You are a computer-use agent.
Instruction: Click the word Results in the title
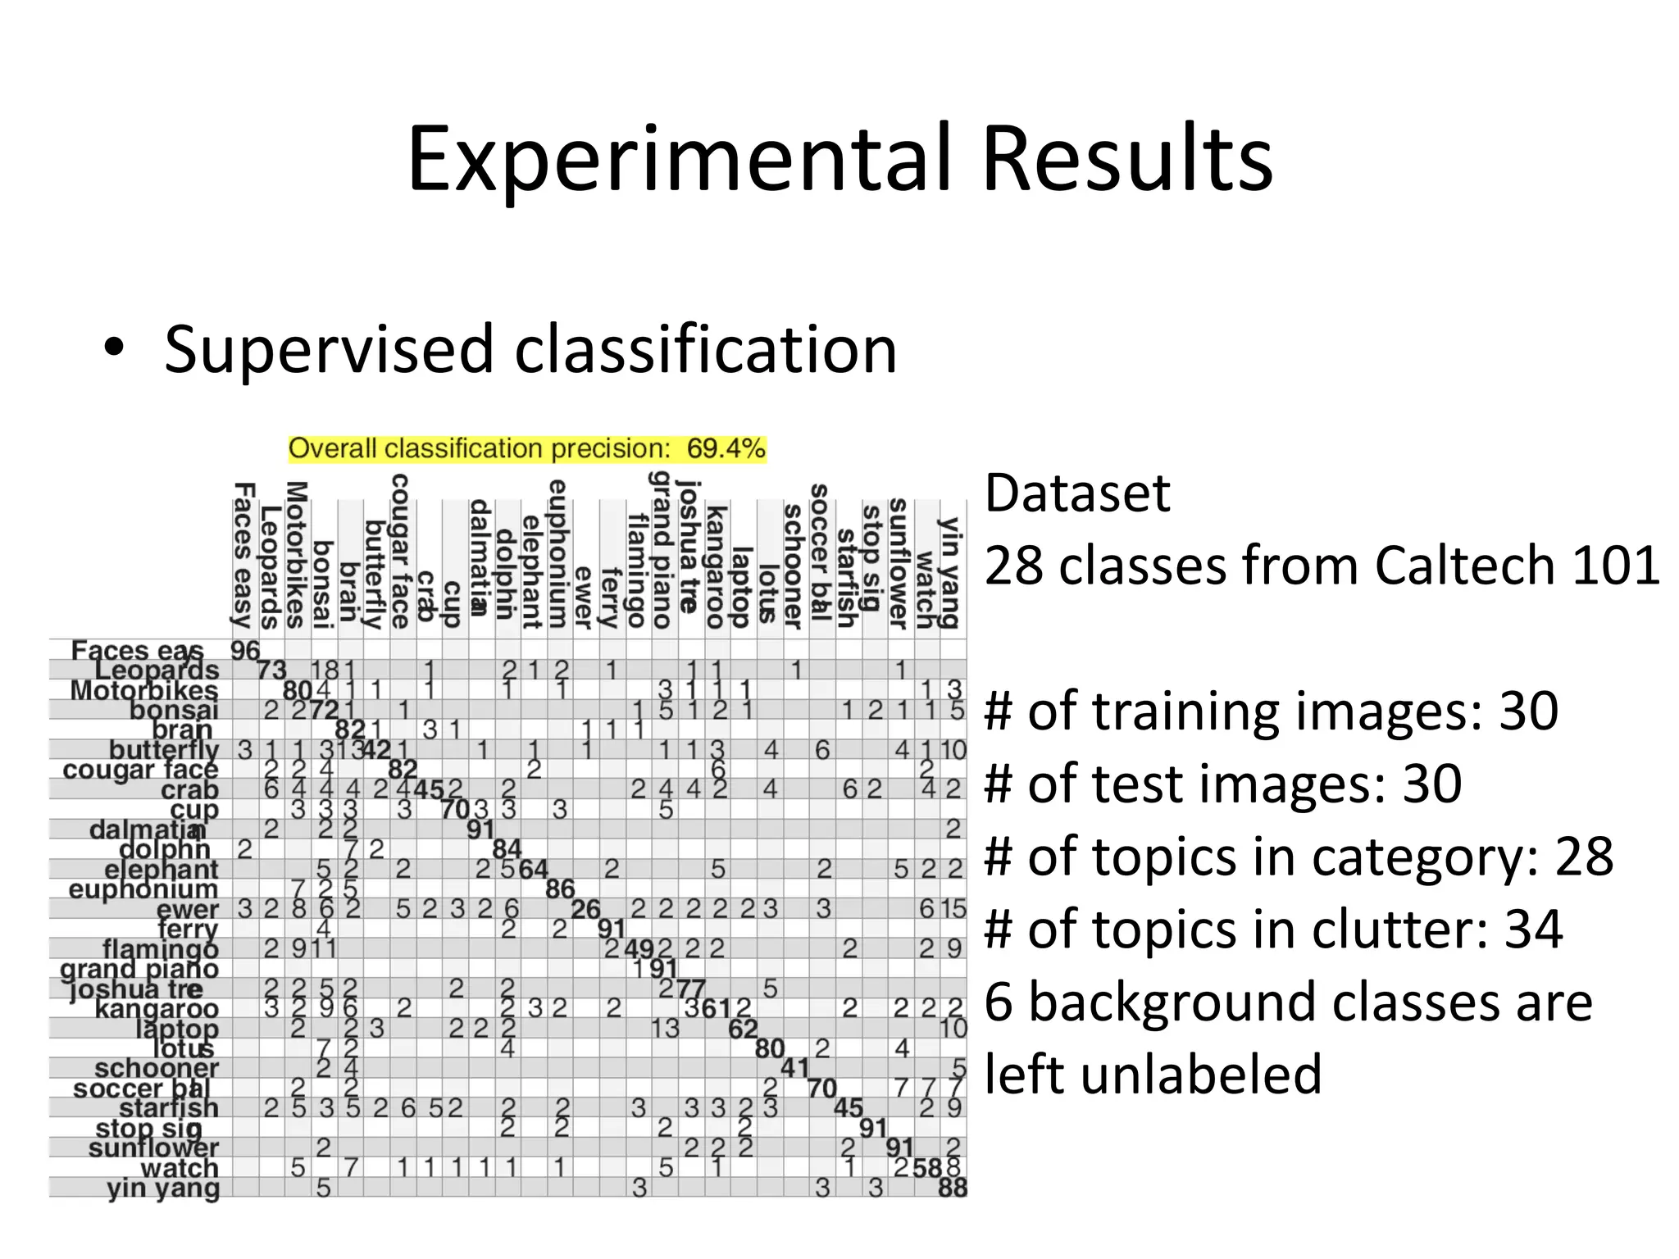(x=1127, y=159)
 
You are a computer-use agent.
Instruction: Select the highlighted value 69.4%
(x=726, y=448)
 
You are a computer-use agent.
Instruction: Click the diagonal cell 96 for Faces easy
(x=244, y=651)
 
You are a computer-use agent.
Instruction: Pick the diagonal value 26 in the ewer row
(x=585, y=909)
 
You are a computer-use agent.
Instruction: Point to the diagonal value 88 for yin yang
(x=953, y=1188)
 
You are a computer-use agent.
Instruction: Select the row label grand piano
(x=139, y=969)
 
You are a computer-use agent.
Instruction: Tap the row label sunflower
(x=153, y=1148)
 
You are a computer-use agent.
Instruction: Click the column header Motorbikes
(x=296, y=555)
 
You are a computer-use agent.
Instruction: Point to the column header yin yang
(x=950, y=572)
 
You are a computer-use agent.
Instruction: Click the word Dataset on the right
(x=1076, y=493)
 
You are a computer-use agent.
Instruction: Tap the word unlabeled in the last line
(x=1153, y=1074)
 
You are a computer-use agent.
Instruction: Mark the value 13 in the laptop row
(x=666, y=1028)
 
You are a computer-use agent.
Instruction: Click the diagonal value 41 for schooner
(x=794, y=1068)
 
